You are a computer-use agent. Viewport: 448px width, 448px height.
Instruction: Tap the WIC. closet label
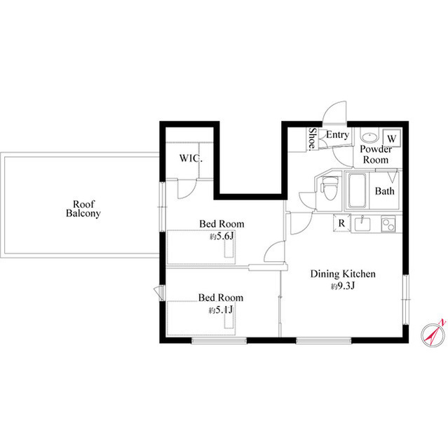[x=191, y=158]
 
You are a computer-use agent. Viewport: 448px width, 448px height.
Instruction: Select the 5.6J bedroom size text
[x=222, y=237]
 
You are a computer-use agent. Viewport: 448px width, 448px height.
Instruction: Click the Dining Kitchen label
[x=344, y=274]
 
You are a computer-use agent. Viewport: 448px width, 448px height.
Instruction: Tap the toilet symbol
[x=329, y=190]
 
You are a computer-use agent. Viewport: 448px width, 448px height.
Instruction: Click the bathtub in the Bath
[x=356, y=190]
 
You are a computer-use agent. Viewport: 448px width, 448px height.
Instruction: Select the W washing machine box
[x=392, y=138]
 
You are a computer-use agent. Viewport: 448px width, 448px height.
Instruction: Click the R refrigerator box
[x=341, y=224]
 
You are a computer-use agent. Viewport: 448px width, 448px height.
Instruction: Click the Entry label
[x=337, y=135]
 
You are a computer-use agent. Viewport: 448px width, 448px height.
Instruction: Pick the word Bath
[x=384, y=191]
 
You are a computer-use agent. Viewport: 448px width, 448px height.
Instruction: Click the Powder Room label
[x=374, y=155]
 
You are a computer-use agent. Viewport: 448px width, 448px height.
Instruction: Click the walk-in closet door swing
[x=185, y=188]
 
